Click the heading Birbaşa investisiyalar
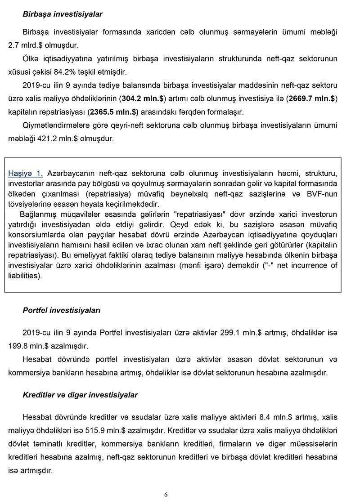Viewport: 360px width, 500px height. [63, 14]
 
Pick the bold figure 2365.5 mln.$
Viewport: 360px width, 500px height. [114, 112]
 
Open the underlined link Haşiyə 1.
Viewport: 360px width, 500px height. [26, 173]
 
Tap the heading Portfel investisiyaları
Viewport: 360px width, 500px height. [62, 311]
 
